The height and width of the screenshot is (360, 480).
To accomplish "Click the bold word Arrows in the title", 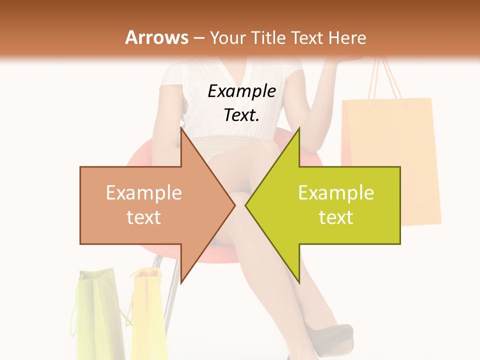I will coord(156,37).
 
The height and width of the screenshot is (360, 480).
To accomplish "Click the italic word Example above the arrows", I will coord(242,91).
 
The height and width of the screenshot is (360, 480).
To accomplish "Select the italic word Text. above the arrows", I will coord(242,115).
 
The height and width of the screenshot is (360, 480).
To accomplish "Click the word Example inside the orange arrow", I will coord(144,193).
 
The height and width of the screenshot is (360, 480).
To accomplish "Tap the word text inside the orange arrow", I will coord(144,217).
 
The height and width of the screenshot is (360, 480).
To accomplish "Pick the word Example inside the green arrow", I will coord(336,193).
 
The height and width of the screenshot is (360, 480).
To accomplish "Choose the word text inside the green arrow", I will coord(336,217).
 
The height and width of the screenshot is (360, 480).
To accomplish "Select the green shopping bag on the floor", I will coord(97,315).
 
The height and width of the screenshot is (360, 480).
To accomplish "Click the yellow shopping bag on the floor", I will coord(149,315).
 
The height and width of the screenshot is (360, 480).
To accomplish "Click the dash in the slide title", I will coord(199,38).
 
